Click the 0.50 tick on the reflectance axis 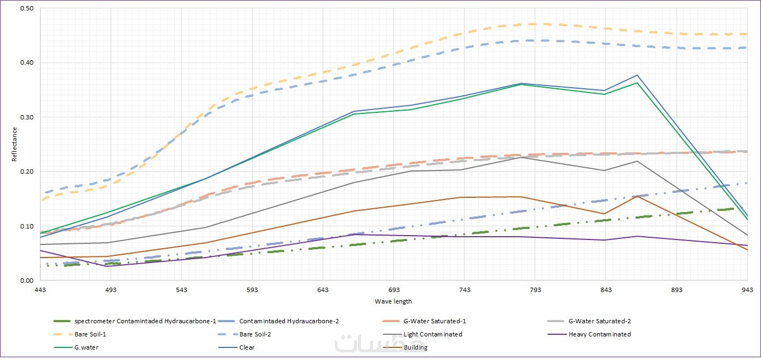coord(27,9)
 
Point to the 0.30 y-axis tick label coord(27,117)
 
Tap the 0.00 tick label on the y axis coord(27,281)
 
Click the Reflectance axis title coord(15,144)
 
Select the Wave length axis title coord(393,301)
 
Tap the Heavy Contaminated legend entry coord(599,334)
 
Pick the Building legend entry coord(415,347)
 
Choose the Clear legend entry coord(247,347)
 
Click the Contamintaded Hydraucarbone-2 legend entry coord(293,321)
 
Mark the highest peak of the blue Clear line coord(637,75)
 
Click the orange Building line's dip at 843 coord(604,214)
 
